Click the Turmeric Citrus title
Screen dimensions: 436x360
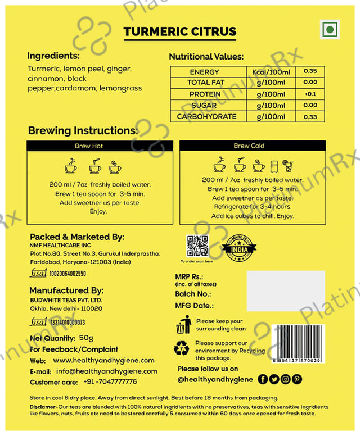(180, 31)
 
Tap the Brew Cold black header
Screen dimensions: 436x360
(249, 146)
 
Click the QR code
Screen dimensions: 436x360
(197, 246)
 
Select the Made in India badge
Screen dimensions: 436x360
(236, 247)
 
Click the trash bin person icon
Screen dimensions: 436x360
(183, 325)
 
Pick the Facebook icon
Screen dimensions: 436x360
(263, 379)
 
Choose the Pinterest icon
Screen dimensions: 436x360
(297, 379)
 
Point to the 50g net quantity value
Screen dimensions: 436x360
(87, 338)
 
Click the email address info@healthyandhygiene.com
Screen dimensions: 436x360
(106, 371)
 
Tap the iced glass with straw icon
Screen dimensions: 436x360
(287, 166)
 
